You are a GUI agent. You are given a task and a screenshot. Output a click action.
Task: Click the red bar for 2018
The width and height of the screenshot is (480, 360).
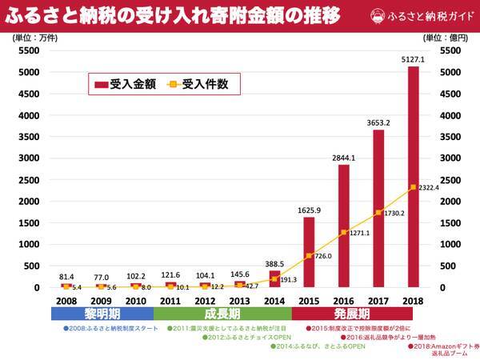pos(413,176)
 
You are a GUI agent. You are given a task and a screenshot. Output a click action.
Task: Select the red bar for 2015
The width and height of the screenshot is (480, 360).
pos(309,251)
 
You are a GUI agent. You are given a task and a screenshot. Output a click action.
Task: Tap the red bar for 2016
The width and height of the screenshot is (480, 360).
pos(344,225)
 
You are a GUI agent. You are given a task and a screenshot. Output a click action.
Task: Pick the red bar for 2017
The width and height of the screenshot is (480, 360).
pos(378,208)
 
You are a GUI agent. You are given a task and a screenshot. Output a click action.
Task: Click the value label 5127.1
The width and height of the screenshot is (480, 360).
pos(413,58)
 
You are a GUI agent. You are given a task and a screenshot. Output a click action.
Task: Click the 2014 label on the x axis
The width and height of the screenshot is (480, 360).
pos(274,301)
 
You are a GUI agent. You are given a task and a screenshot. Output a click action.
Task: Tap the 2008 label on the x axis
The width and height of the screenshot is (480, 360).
pos(66,301)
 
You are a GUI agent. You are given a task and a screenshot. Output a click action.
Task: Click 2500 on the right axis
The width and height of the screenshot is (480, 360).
pos(454,180)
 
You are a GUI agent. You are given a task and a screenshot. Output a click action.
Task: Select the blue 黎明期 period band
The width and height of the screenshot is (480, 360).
pos(101,314)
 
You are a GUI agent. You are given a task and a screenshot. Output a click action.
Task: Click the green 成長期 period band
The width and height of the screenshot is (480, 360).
pos(222,314)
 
